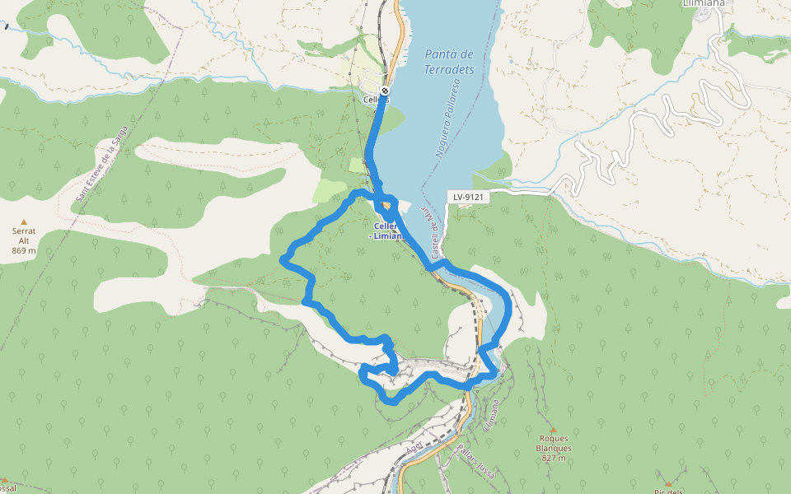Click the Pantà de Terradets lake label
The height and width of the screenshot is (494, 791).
pyautogui.click(x=449, y=62)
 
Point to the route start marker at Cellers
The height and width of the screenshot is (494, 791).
pyautogui.click(x=385, y=91)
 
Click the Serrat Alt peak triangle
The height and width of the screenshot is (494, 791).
pyautogui.click(x=24, y=222)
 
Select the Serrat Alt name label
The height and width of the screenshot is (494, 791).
pyautogui.click(x=24, y=235)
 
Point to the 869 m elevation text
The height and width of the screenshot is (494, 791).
pyautogui.click(x=24, y=250)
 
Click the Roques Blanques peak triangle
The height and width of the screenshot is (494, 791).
pyautogui.click(x=553, y=430)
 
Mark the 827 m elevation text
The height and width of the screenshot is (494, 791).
pyautogui.click(x=553, y=459)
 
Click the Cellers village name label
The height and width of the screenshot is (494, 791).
pyautogui.click(x=375, y=100)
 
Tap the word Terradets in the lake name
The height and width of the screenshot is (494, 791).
pyautogui.click(x=449, y=70)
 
